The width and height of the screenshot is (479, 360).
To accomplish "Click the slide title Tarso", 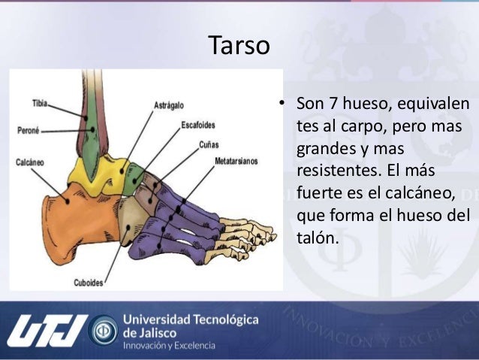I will coord(238,46).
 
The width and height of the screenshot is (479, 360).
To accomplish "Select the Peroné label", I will coord(29,130).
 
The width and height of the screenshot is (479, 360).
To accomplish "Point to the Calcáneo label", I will coord(30,162).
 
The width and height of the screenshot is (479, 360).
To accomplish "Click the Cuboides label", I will coord(89,283).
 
